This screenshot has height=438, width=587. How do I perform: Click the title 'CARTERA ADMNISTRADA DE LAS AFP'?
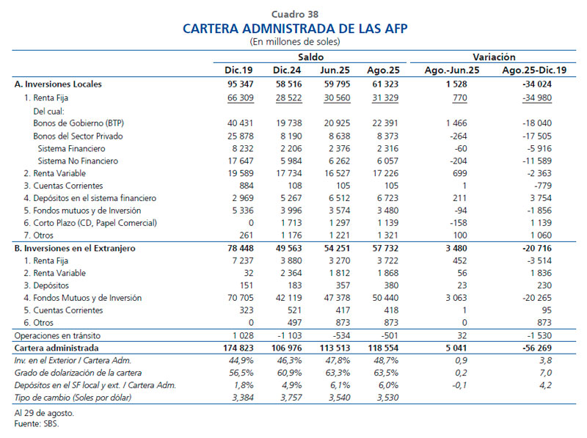click(294, 29)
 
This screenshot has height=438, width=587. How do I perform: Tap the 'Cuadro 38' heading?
click(294, 14)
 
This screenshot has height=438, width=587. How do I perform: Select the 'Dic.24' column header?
click(287, 70)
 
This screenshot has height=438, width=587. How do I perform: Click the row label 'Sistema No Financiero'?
click(77, 161)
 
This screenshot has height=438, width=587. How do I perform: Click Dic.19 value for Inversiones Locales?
click(239, 84)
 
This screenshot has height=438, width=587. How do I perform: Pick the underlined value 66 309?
click(239, 98)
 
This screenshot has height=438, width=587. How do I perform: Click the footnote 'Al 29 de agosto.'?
click(45, 413)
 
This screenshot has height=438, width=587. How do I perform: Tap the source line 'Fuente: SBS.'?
click(37, 424)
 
